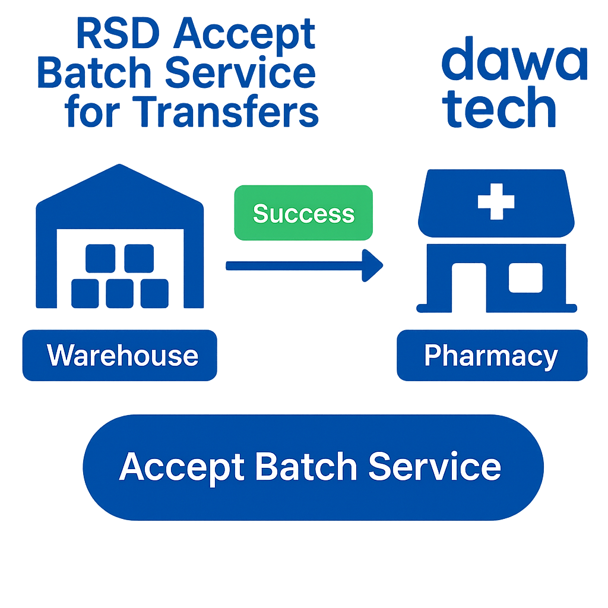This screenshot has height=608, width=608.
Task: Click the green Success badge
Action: click(x=303, y=213)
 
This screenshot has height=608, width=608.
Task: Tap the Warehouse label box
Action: click(x=120, y=356)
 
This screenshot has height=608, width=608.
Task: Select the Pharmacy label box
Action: click(x=492, y=356)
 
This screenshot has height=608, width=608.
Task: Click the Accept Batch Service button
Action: click(x=313, y=467)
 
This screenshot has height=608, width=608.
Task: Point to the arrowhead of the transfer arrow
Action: click(x=373, y=265)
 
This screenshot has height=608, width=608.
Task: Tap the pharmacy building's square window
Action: click(x=525, y=277)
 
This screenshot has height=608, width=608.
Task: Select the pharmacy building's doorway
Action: click(x=468, y=288)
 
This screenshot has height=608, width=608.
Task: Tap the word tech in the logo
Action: click(x=500, y=108)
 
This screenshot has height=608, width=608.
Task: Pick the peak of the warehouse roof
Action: click(x=120, y=167)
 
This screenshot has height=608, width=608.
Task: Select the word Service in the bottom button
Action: click(x=435, y=467)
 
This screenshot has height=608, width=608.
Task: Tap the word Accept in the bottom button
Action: click(x=181, y=468)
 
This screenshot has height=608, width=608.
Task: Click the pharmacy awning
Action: click(x=496, y=205)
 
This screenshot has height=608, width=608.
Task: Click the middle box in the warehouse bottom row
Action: click(x=120, y=293)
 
